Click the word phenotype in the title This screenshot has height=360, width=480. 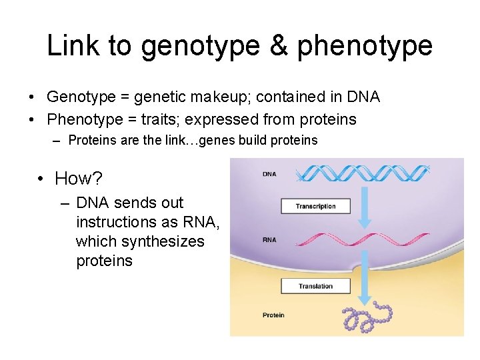coord(365,46)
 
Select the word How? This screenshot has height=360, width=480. coord(79,179)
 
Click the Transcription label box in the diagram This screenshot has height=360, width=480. coord(316,206)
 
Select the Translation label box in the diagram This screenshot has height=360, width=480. coord(316,286)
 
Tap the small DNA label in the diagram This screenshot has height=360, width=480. coord(269,175)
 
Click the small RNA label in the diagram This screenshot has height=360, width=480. coord(269,240)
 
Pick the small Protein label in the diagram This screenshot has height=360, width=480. coord(273,315)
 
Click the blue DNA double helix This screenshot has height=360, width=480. coord(364,174)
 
